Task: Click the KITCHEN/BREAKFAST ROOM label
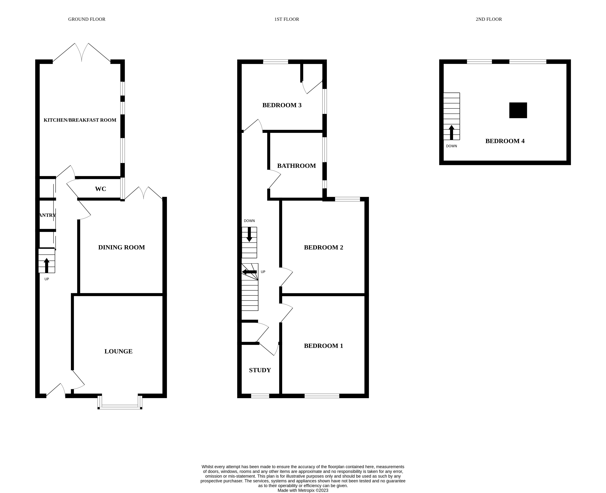click(80, 120)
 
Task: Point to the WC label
click(100, 189)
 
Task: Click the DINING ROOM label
click(121, 247)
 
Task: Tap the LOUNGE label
click(118, 351)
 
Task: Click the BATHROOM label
click(296, 166)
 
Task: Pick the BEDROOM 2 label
click(323, 247)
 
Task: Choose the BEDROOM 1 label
click(323, 346)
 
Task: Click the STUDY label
click(260, 370)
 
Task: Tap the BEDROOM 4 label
click(505, 141)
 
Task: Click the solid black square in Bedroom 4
click(518, 110)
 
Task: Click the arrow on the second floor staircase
click(451, 132)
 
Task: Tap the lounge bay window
click(120, 407)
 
